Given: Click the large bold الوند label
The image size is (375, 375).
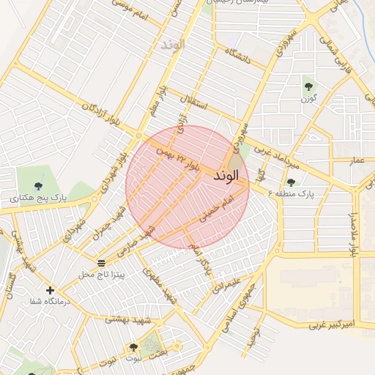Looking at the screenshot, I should (226, 177).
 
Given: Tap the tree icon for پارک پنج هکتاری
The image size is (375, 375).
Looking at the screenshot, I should (37, 186).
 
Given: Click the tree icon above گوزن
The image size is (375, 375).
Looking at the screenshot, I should (308, 87).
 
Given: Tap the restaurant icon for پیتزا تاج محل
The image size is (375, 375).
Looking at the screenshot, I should (100, 263).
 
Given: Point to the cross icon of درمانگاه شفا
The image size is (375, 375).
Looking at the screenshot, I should (50, 291).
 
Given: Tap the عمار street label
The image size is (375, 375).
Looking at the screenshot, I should (357, 159).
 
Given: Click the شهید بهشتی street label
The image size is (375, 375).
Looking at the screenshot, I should (127, 319).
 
